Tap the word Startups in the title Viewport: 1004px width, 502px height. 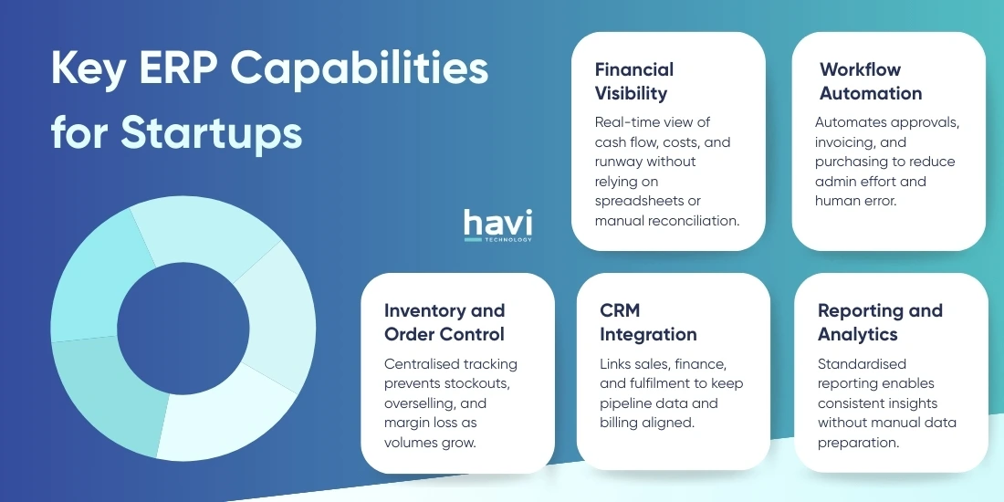212,133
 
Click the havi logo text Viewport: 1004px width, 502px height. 497,223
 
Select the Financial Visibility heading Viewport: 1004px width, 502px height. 634,81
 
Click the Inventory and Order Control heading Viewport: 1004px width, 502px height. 444,322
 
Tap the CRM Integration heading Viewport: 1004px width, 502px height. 648,322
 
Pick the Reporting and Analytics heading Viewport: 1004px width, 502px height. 880,322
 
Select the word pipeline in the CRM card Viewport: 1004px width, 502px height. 625,403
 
